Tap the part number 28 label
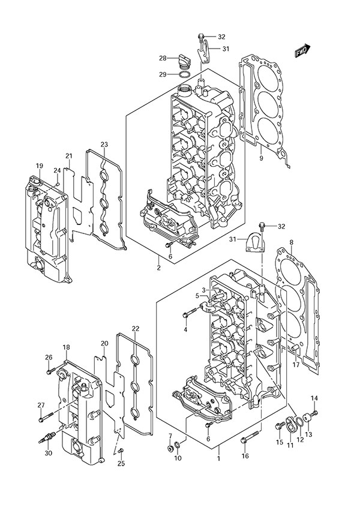click(x=162, y=58)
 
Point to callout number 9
click(x=261, y=158)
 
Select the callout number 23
click(x=104, y=145)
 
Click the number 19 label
click(x=39, y=166)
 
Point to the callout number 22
click(x=136, y=328)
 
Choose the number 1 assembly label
click(x=218, y=458)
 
